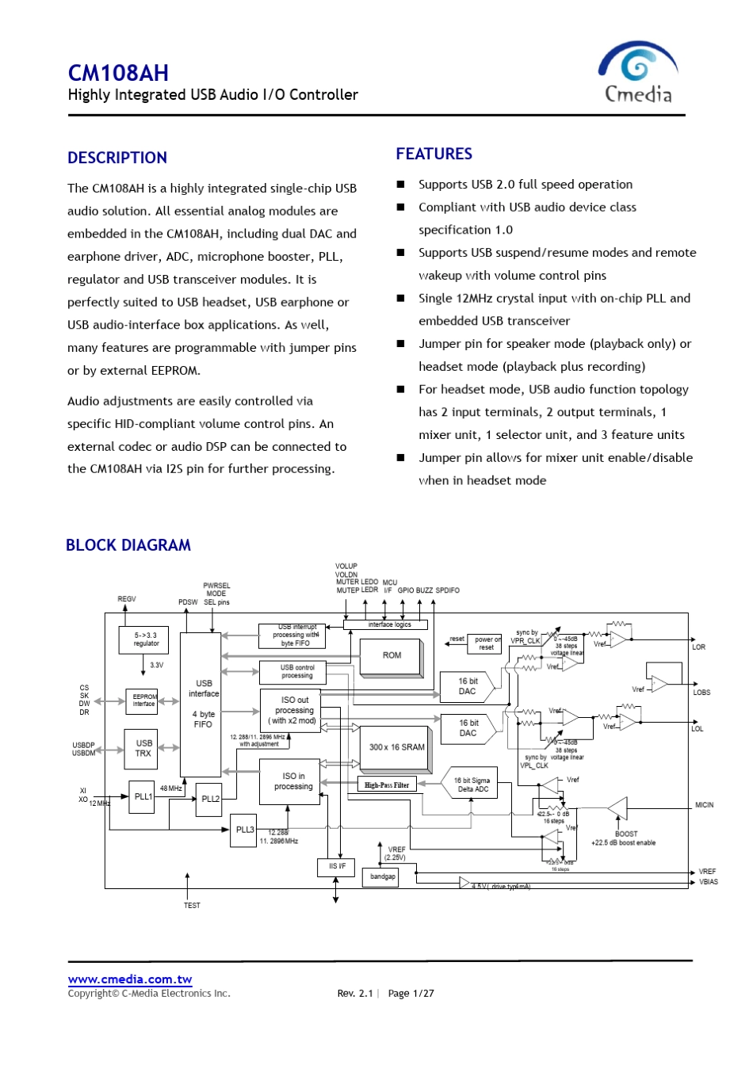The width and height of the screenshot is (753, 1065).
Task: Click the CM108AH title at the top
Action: pyautogui.click(x=118, y=73)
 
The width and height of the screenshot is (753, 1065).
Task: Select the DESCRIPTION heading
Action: pyautogui.click(x=117, y=158)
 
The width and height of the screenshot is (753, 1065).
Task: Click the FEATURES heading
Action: pyautogui.click(x=434, y=154)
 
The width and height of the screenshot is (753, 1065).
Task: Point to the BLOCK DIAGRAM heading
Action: pyautogui.click(x=128, y=545)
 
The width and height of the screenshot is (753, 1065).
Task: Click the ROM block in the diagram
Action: pyautogui.click(x=392, y=656)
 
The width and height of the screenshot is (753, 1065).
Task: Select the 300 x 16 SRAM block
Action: pyautogui.click(x=396, y=747)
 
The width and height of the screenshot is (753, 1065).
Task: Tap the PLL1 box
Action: pyautogui.click(x=143, y=797)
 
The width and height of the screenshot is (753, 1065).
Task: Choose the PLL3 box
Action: pyautogui.click(x=245, y=830)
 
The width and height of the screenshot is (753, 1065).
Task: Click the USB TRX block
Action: pyautogui.click(x=143, y=749)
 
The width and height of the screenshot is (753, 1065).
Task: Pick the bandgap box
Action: pyautogui.click(x=383, y=876)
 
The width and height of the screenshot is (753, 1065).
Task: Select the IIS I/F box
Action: pyautogui.click(x=337, y=866)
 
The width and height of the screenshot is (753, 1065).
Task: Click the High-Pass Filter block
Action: pyautogui.click(x=387, y=785)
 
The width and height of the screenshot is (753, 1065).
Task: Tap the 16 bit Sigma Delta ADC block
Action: pyautogui.click(x=472, y=784)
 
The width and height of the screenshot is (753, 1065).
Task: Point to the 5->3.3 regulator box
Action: pyautogui.click(x=146, y=639)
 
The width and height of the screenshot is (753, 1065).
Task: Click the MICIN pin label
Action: pyautogui.click(x=704, y=805)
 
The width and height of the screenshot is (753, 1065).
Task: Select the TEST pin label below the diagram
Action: pyautogui.click(x=192, y=905)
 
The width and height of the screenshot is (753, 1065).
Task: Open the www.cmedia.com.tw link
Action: pyautogui.click(x=130, y=980)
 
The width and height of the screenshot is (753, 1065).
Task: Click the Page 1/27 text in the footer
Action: pyautogui.click(x=411, y=994)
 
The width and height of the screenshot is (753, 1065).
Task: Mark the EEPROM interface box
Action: pyautogui.click(x=143, y=701)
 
